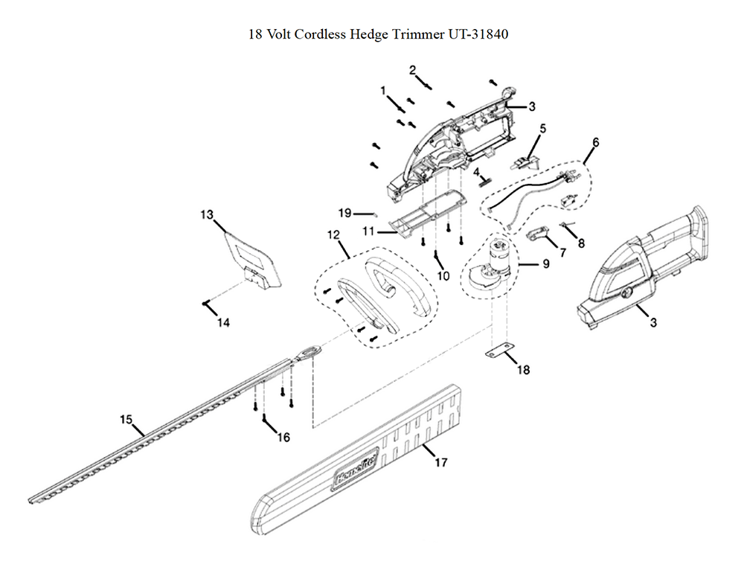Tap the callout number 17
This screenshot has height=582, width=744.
[x=440, y=463]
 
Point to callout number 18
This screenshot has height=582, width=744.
[x=523, y=369]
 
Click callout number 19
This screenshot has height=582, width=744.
[x=344, y=213]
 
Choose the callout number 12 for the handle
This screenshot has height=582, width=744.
[x=333, y=234]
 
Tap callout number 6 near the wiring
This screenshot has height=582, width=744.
[x=595, y=141]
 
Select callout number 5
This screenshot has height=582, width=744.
[x=542, y=128]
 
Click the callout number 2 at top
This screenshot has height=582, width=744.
[x=412, y=70]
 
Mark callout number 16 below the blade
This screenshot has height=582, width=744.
[x=283, y=437]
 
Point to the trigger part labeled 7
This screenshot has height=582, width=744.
[x=539, y=236]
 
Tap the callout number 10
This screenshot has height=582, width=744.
[x=443, y=276]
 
